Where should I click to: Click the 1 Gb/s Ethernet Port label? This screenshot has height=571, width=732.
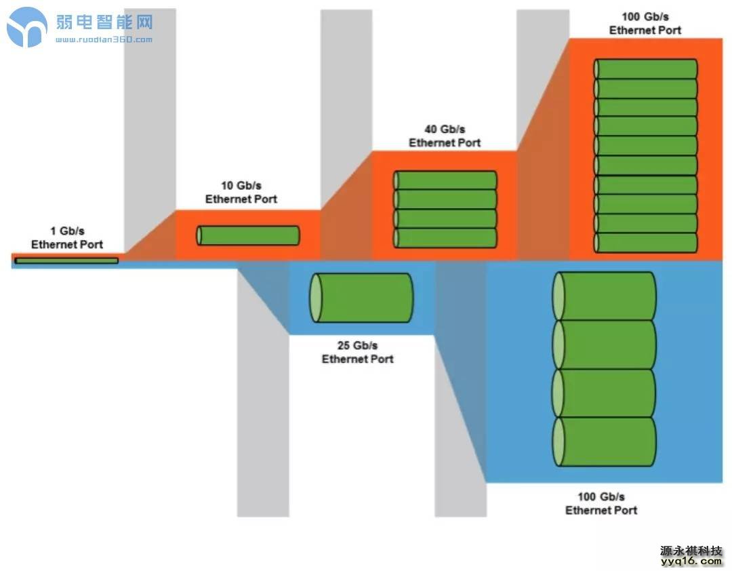coord(67,238)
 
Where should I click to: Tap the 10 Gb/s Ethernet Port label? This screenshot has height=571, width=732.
coord(241,193)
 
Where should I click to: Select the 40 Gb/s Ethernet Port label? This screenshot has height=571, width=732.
coord(445,136)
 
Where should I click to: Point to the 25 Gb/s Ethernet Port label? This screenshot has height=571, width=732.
coord(357,352)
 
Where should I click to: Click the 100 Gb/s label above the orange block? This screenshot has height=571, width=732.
coord(645,23)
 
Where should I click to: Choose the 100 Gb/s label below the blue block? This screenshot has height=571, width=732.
coord(601,503)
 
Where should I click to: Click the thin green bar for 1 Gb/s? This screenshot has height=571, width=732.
coord(66,260)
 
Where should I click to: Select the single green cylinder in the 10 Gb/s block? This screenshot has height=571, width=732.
coord(248,235)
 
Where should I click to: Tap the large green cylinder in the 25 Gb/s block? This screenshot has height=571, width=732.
coord(361,298)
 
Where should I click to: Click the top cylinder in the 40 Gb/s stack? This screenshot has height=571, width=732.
coord(446,180)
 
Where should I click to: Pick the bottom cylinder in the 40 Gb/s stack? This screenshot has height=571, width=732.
coord(446,238)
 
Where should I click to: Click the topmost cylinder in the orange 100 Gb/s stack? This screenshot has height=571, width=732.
coord(646,69)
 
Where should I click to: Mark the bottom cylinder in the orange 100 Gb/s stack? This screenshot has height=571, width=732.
coord(646,243)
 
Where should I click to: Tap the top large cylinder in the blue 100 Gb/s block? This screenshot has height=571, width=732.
coord(605,296)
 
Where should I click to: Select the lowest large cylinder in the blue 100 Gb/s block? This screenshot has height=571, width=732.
coord(605,441)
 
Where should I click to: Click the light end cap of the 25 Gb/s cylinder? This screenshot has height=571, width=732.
coord(317,298)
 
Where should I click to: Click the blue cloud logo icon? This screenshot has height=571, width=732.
coord(27,27)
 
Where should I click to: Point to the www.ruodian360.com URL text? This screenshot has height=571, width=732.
coord(104,39)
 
